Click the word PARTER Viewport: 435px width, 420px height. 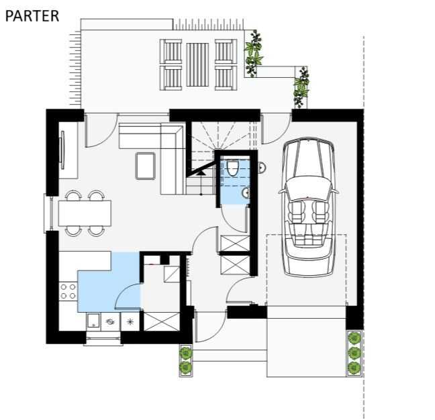coord(32,16)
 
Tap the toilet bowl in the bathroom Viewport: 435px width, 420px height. coord(232,168)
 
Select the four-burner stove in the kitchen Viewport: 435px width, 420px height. coord(68,291)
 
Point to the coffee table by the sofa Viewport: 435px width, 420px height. coord(145,166)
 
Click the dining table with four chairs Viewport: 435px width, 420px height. coord(85,213)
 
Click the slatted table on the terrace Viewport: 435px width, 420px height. coord(197,64)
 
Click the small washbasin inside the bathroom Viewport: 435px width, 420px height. coord(246,193)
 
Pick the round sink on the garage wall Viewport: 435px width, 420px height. coord(262,168)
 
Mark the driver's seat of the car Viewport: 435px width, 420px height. coord(296,213)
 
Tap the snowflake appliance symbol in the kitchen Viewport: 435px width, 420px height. coord(130,321)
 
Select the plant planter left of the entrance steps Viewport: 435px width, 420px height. coord(186,360)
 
